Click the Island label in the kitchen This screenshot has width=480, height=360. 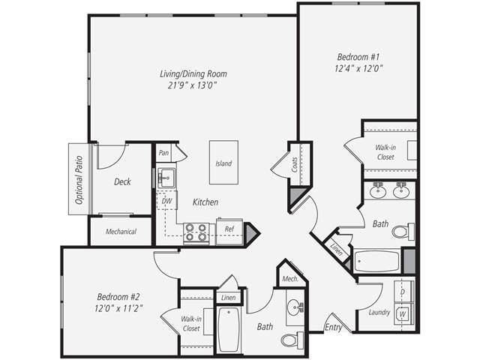pos(223,163)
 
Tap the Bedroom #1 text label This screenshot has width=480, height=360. pos(358,56)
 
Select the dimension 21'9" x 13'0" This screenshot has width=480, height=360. pos(193,86)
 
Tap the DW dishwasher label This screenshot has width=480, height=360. pos(167,201)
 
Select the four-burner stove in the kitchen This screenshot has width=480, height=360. pos(196,233)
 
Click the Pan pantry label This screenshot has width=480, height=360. pos(163,152)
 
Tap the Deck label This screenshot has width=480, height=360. pos(123,181)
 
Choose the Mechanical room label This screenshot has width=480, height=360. pos(121,232)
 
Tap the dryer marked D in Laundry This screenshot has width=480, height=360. pos(403,289)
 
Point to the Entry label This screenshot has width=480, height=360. pos(333,327)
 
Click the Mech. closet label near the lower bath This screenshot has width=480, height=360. pos(290,278)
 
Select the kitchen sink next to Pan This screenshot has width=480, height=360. pos(166,177)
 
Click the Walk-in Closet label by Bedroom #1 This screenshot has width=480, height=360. pos(385,152)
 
